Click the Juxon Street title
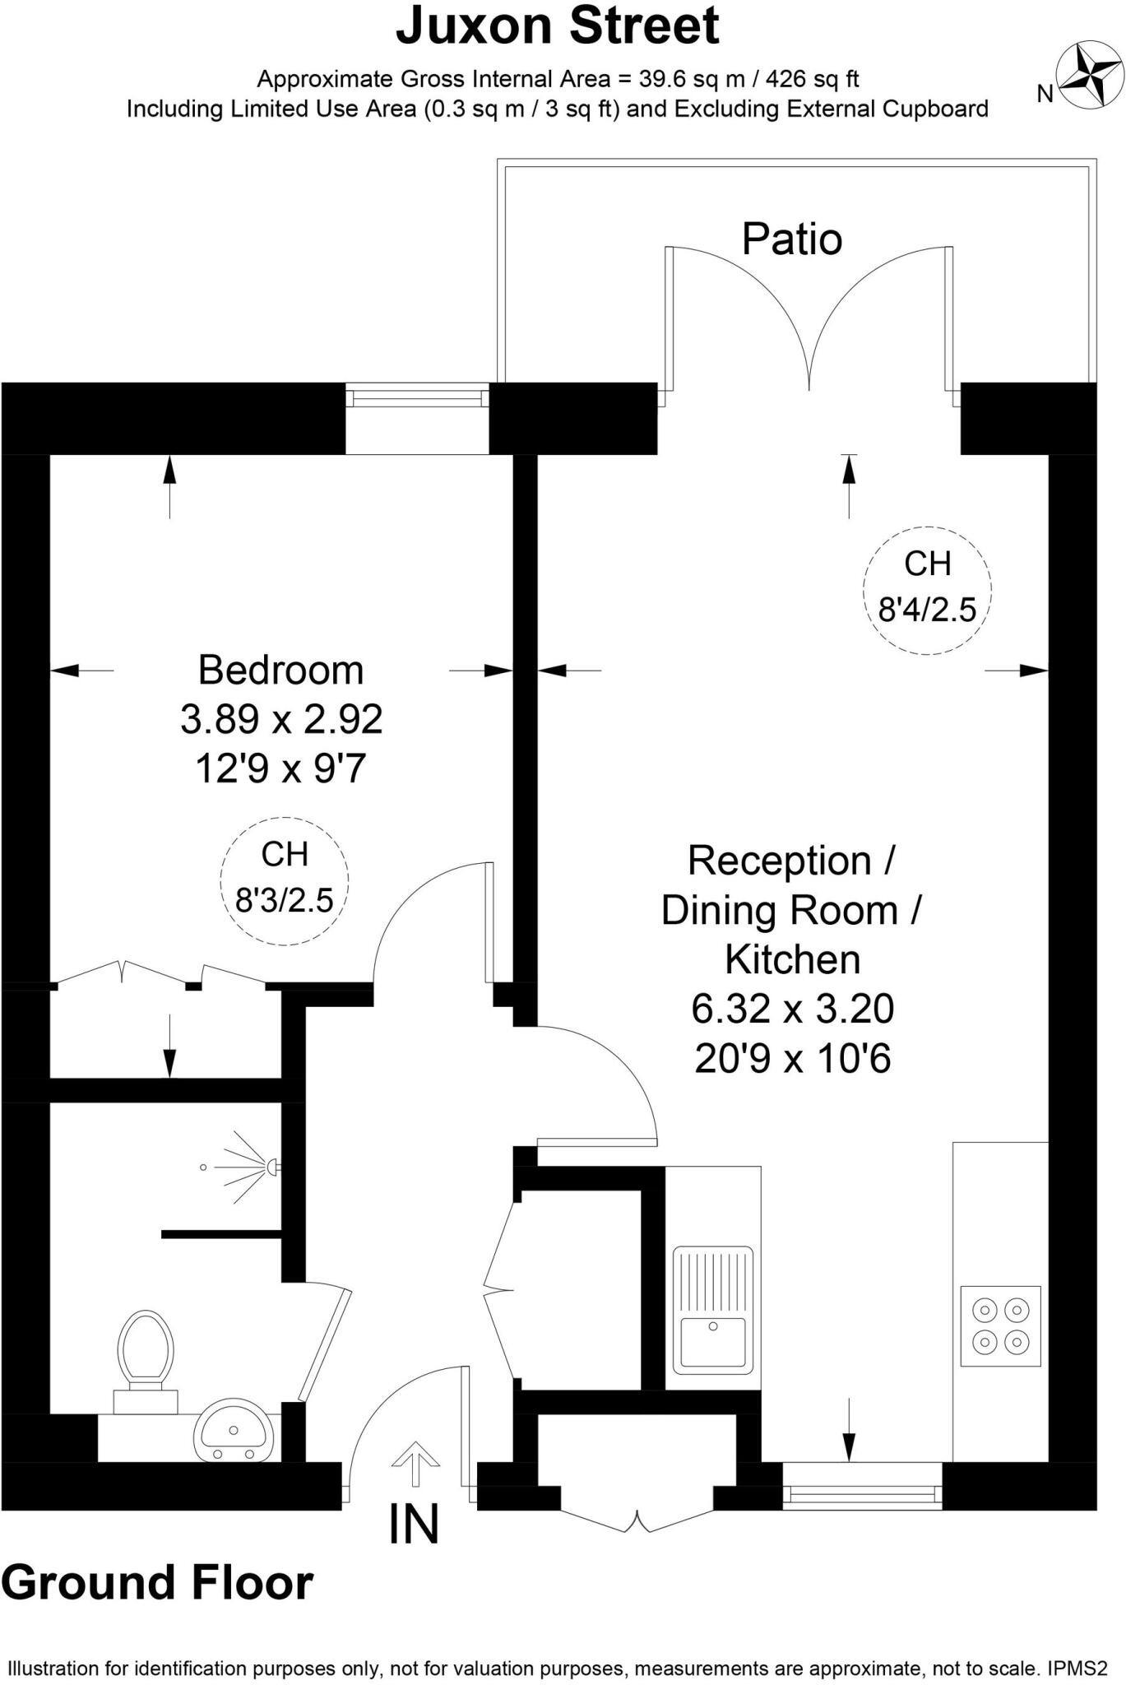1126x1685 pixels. (558, 26)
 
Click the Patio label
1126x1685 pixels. (792, 239)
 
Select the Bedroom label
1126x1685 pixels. (281, 670)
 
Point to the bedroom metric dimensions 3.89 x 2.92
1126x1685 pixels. (281, 720)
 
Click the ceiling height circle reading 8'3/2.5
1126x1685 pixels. (285, 879)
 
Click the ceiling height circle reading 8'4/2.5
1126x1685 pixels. (928, 591)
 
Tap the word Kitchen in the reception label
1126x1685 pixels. (793, 959)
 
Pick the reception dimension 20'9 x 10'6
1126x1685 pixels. (793, 1059)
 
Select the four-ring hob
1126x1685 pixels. (1000, 1325)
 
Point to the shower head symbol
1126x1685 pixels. (247, 1167)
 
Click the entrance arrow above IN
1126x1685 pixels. (415, 1465)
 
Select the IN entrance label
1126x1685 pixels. (414, 1524)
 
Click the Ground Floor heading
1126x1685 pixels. (157, 1583)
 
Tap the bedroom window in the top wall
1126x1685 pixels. (417, 398)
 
